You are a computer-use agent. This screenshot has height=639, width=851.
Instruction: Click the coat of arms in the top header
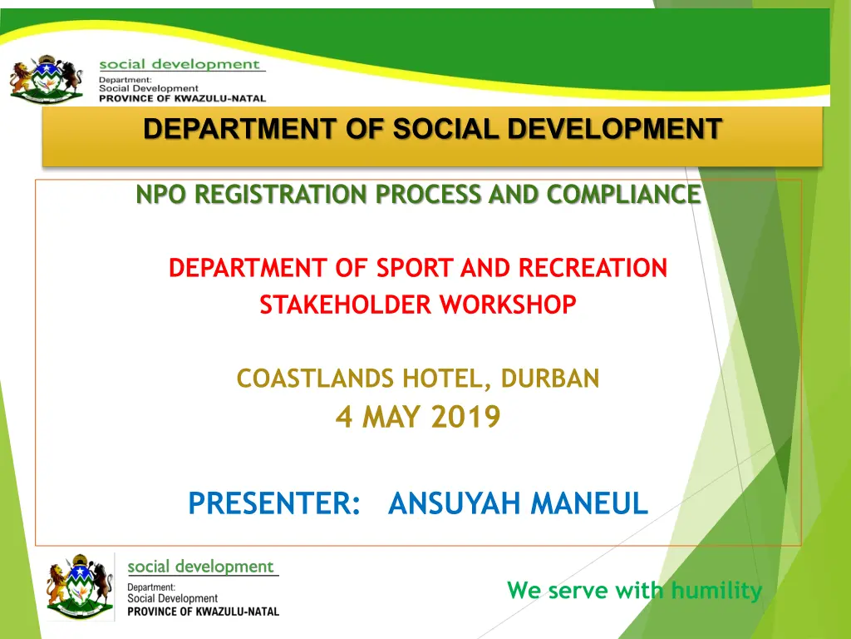[x=47, y=79]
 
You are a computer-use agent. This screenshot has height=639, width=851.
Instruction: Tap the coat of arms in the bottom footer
[x=81, y=587]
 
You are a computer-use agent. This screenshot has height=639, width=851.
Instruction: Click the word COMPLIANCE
[x=623, y=195]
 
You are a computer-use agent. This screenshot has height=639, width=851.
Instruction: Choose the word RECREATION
[x=593, y=268]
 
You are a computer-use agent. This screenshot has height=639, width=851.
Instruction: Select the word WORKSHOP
[x=508, y=305]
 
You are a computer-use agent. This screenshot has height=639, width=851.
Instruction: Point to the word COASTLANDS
[x=315, y=379]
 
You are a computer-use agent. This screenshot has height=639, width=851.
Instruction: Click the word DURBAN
[x=550, y=379]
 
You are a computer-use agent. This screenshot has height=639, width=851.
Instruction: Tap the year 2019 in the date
[x=465, y=417]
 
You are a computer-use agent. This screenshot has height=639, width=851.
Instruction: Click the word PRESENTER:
[x=274, y=503]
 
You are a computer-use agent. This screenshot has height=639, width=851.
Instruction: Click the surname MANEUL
[x=589, y=503]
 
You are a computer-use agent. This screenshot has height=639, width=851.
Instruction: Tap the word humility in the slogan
[x=716, y=590]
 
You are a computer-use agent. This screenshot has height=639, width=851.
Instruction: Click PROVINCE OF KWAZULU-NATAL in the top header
[x=182, y=98]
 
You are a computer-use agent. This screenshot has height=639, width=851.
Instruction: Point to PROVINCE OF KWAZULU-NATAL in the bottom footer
[x=203, y=612]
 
